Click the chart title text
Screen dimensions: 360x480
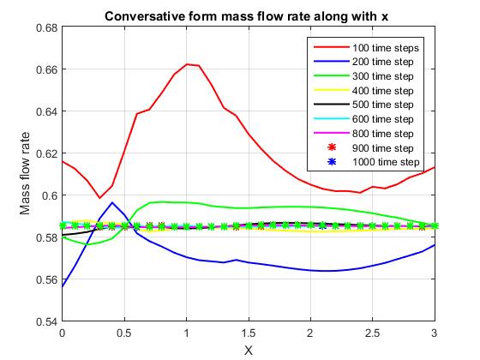248,16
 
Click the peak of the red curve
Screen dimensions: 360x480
186,63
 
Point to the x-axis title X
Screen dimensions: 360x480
249,349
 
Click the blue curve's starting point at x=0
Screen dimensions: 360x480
63,286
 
